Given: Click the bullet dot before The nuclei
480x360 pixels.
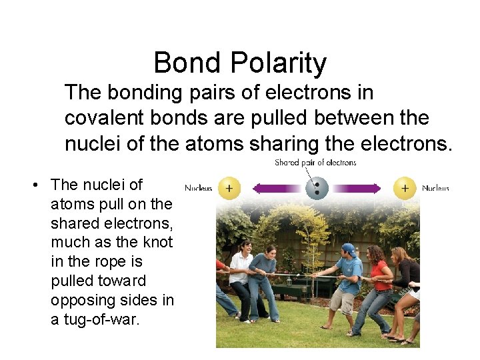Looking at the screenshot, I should (33, 185).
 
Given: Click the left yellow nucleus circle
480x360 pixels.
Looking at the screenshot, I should (229, 188).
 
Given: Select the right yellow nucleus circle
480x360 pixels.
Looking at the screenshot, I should (404, 188).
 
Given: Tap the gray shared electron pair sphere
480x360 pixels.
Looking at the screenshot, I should (317, 187).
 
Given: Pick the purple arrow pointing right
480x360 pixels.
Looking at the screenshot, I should (360, 188).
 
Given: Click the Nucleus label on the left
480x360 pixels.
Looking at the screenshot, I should (198, 188).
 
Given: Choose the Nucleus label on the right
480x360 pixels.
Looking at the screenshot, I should (435, 188).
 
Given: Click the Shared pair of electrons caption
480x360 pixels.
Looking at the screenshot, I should (315, 162).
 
